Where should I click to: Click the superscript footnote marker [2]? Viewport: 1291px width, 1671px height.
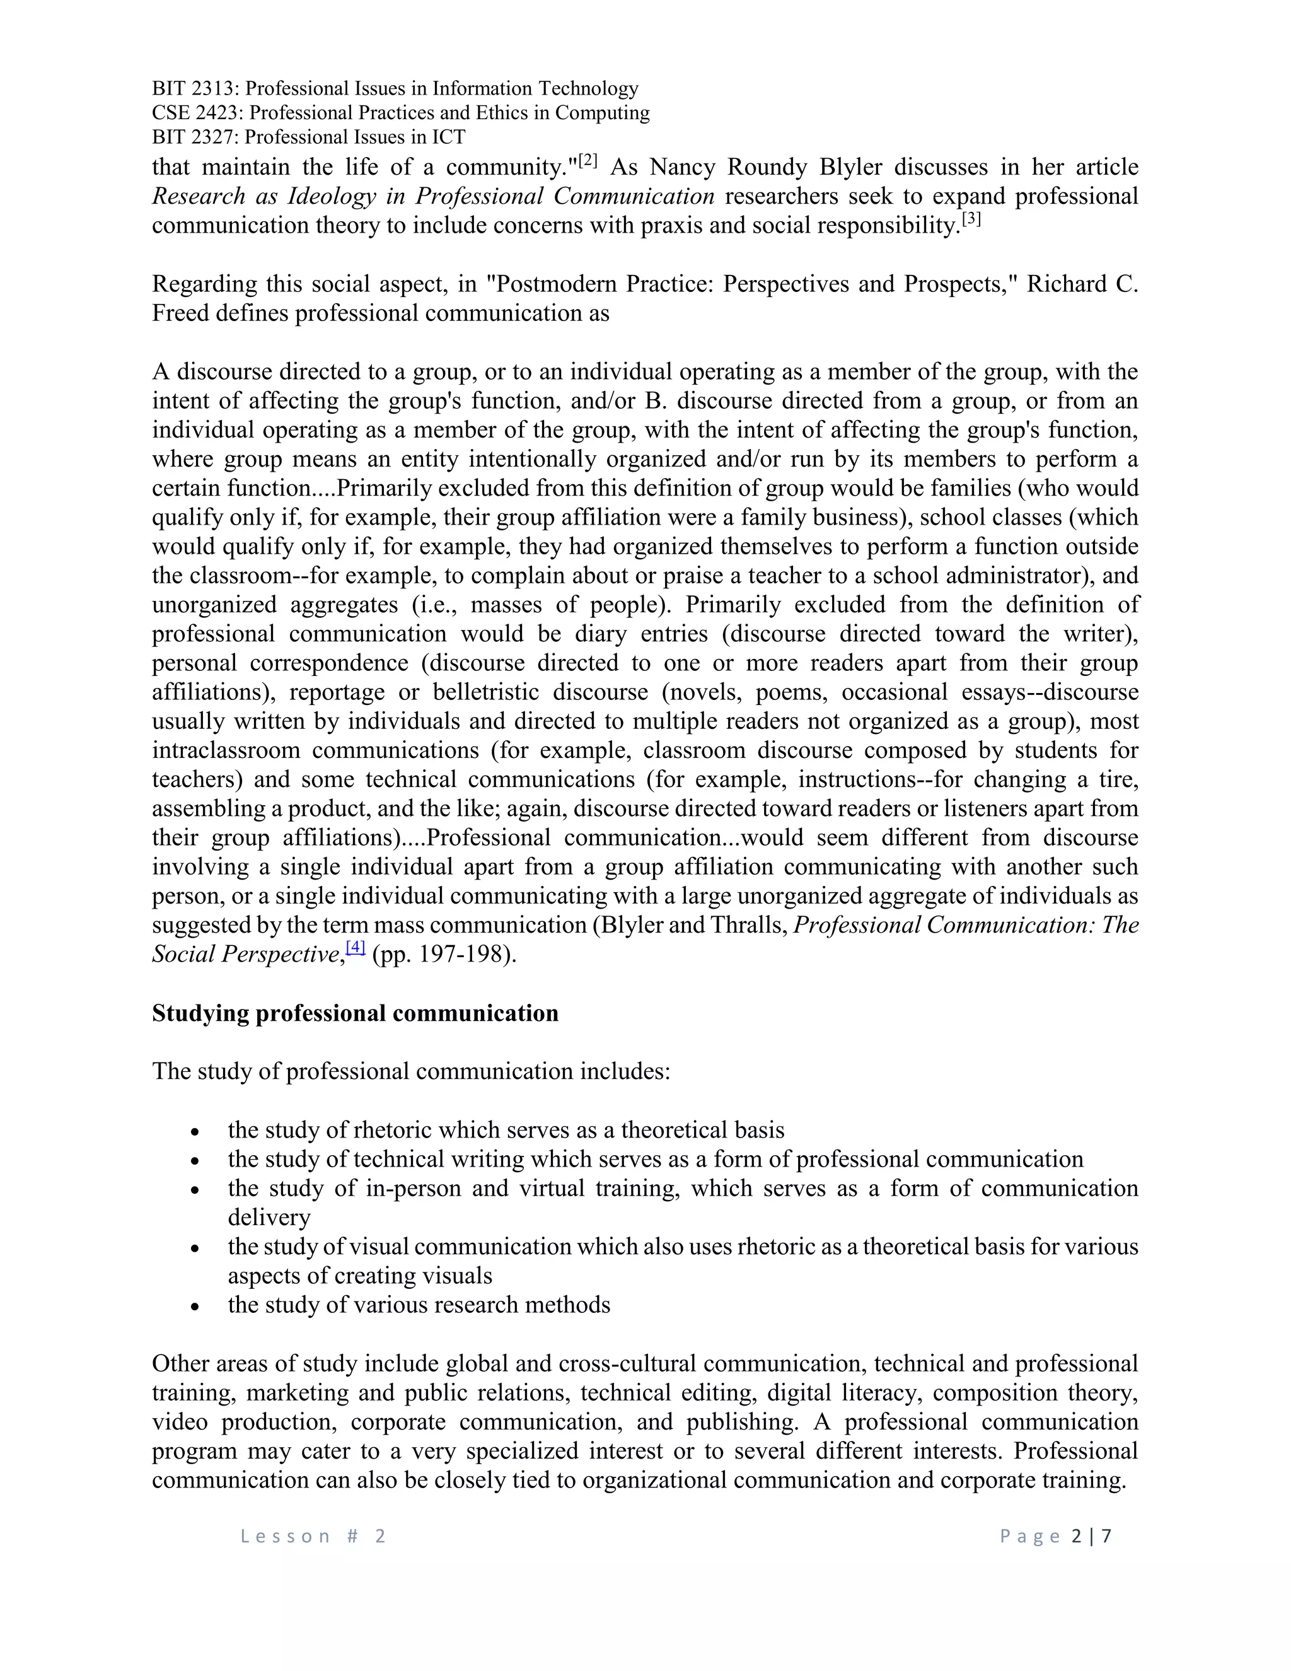point(588,161)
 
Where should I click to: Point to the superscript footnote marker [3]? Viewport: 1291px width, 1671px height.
point(971,219)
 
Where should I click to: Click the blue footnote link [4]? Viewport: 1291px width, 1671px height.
point(356,947)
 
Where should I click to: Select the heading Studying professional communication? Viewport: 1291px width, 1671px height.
point(355,1013)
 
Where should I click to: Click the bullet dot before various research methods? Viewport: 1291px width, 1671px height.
point(196,1306)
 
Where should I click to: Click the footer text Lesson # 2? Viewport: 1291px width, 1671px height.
point(313,1536)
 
